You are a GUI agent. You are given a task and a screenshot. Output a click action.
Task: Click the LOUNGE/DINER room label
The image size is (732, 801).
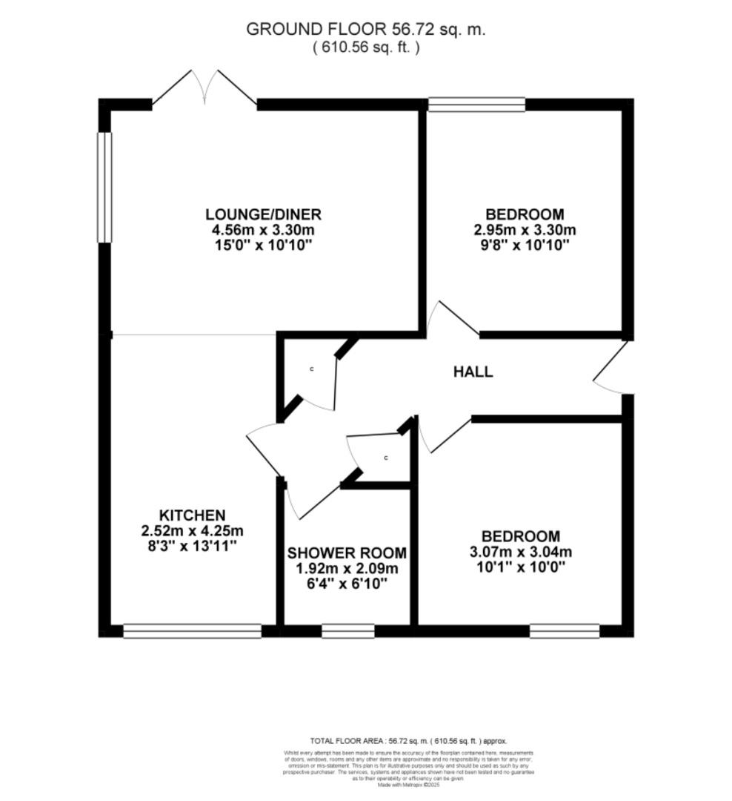tap(263, 215)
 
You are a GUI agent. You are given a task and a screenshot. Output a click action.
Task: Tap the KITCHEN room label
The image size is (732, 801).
tap(192, 515)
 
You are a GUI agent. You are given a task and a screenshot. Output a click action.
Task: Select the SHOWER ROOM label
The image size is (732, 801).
tap(347, 553)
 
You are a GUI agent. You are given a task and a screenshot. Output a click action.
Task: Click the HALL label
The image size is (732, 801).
tap(473, 372)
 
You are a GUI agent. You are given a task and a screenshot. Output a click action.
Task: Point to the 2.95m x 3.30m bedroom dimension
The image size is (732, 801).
tap(525, 230)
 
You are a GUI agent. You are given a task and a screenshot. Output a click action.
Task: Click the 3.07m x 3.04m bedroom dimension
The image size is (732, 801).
tap(521, 553)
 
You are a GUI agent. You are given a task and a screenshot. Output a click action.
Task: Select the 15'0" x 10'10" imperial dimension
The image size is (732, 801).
tap(263, 245)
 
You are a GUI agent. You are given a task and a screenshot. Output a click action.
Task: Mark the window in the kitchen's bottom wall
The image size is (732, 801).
tap(192, 631)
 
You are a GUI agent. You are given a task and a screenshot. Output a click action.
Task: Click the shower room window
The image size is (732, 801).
tap(347, 631)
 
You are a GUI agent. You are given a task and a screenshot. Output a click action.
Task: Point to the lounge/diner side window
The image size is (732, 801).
tap(105, 187)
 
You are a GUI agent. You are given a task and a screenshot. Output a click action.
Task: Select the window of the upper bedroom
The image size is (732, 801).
tap(476, 105)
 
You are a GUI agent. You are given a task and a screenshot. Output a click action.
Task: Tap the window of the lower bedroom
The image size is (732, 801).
tap(564, 631)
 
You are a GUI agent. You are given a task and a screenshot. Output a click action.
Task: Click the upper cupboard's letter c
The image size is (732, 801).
tap(312, 369)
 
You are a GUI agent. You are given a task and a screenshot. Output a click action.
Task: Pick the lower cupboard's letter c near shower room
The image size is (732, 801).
tap(386, 458)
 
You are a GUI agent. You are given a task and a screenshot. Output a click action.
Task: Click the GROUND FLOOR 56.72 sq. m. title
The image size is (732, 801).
tap(365, 30)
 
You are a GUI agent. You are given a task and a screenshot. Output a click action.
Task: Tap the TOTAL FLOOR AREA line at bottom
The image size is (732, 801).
tap(408, 741)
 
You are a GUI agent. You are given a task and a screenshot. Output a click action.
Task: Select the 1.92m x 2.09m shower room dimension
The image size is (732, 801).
tap(347, 569)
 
